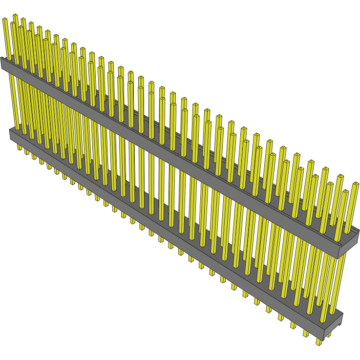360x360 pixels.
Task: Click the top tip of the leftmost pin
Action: point(5,20)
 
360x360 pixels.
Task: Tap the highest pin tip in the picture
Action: point(15,16)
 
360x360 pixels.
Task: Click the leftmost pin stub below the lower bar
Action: point(20,147)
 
